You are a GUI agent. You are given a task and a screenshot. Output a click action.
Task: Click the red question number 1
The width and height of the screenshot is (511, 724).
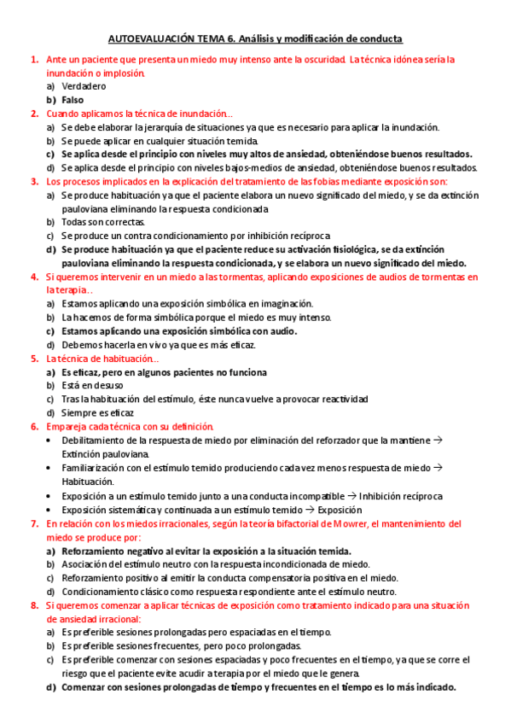coord(34,60)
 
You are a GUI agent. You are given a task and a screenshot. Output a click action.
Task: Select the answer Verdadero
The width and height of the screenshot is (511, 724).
coord(84,86)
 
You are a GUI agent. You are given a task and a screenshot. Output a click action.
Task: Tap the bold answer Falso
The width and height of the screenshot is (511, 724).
coord(76,100)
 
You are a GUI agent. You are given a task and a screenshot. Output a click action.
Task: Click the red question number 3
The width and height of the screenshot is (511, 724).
coord(34,181)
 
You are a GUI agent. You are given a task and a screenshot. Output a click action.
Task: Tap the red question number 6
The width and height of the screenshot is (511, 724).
coord(34,426)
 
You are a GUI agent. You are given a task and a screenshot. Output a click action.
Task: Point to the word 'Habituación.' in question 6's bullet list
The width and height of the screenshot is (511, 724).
coord(90,481)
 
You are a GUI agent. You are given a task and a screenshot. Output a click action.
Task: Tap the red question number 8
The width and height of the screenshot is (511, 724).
coord(34,605)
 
